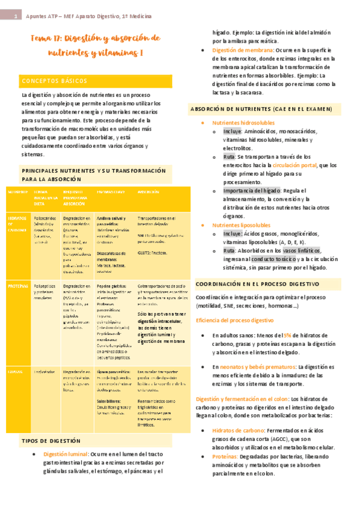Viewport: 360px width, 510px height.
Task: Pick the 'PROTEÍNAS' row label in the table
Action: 16,286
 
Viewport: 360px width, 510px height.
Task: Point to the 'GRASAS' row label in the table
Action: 14,372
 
